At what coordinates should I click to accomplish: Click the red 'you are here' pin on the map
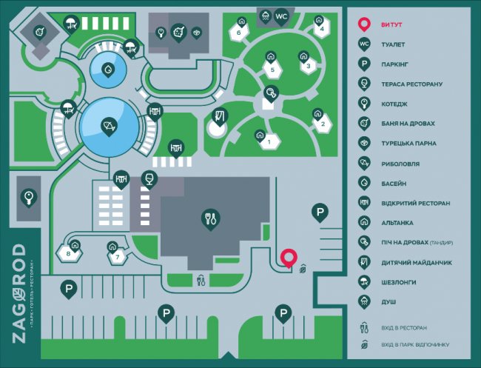(x=289, y=257)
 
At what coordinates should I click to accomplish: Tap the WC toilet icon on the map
(x=281, y=16)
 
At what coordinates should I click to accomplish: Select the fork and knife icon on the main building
(x=210, y=217)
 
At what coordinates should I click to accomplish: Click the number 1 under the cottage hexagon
(x=269, y=142)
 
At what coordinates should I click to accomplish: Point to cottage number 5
(x=272, y=70)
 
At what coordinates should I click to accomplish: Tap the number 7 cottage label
(x=115, y=257)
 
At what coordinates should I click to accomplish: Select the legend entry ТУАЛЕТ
(x=393, y=44)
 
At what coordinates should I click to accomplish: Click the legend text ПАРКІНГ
(x=396, y=64)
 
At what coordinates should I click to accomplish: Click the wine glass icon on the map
(x=149, y=178)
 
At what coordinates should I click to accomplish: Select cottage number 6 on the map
(x=239, y=33)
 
